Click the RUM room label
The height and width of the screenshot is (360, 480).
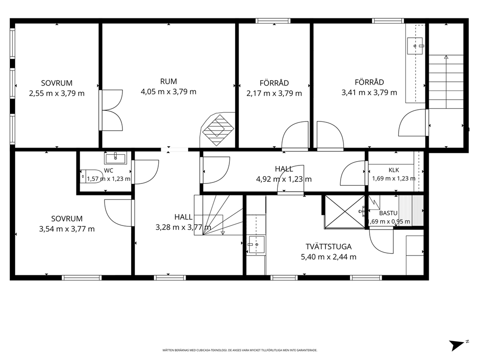(168, 81)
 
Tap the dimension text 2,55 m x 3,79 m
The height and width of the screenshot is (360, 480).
(57, 93)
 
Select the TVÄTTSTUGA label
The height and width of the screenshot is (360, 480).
(329, 247)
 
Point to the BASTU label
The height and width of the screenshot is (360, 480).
(388, 213)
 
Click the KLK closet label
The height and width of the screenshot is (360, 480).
(394, 170)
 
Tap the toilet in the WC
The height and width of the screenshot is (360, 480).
(91, 176)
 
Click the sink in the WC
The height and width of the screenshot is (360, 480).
(116, 158)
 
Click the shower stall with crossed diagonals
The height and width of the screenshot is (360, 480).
(345, 212)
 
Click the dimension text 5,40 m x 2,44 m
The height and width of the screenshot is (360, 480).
(329, 257)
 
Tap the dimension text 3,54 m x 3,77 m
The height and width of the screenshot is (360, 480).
(67, 229)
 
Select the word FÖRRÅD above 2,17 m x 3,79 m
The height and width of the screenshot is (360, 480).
(274, 83)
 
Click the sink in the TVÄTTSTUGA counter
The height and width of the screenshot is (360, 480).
(256, 244)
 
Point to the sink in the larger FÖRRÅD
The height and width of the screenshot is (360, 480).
(415, 46)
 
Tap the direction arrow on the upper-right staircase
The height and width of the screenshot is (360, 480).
(446, 82)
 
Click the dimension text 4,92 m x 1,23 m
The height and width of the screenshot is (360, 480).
(284, 179)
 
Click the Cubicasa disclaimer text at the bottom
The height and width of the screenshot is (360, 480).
(240, 350)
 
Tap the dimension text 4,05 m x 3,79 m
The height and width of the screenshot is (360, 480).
(168, 92)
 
